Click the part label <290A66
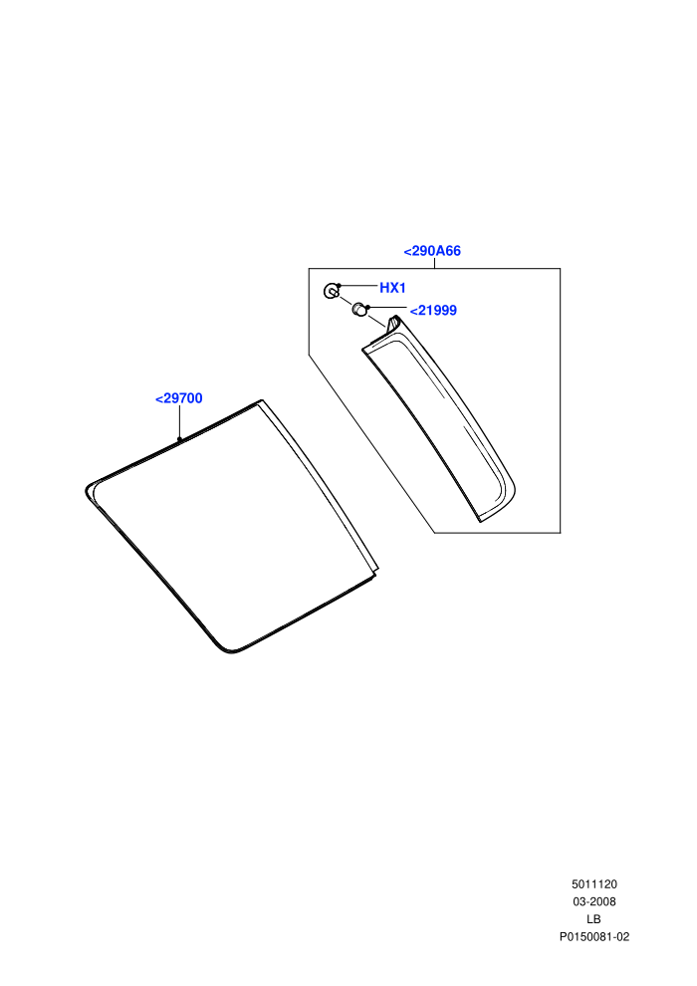tap(432, 251)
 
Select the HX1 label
tap(392, 288)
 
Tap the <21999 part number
tap(433, 311)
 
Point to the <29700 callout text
tap(179, 398)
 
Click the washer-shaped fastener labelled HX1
tap(332, 291)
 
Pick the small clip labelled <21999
tap(358, 310)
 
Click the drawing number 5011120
tap(593, 884)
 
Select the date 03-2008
tap(593, 901)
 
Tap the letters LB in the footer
tap(593, 919)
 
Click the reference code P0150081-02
tap(594, 937)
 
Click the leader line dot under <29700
tap(179, 439)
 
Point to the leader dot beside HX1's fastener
tap(339, 286)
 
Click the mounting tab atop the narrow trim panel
tap(392, 322)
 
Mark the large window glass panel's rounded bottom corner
tap(230, 650)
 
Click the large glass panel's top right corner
tap(261, 400)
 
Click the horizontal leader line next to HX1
tap(358, 286)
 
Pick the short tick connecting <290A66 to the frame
tap(434, 264)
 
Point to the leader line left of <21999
tap(387, 308)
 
